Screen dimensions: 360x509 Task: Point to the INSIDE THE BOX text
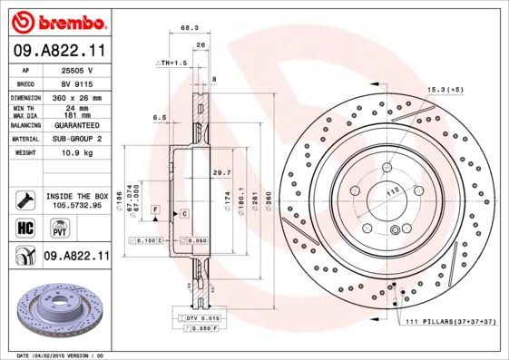pyautogui.click(x=75, y=196)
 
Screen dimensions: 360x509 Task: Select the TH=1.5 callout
pyautogui.click(x=173, y=63)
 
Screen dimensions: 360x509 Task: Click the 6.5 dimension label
pyautogui.click(x=160, y=117)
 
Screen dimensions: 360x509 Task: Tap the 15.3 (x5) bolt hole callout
pyautogui.click(x=445, y=89)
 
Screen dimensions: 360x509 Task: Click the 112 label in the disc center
pyautogui.click(x=392, y=190)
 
